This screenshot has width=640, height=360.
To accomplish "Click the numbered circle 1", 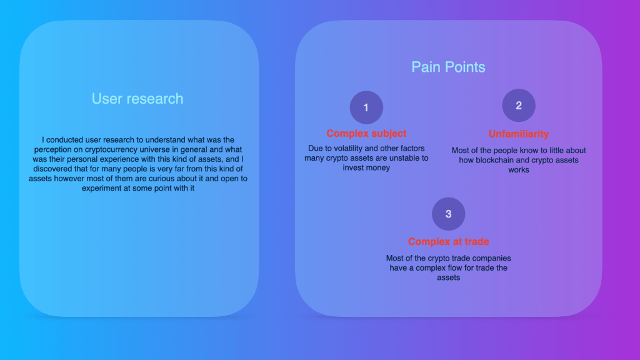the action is click(366, 107).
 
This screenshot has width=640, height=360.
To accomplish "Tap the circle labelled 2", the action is click(519, 105).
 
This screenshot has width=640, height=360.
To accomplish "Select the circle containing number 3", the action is click(449, 214).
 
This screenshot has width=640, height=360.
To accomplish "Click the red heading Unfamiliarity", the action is click(519, 134).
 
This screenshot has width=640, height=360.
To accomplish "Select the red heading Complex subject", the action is click(366, 134).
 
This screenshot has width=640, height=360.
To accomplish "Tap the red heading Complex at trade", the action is click(449, 242).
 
